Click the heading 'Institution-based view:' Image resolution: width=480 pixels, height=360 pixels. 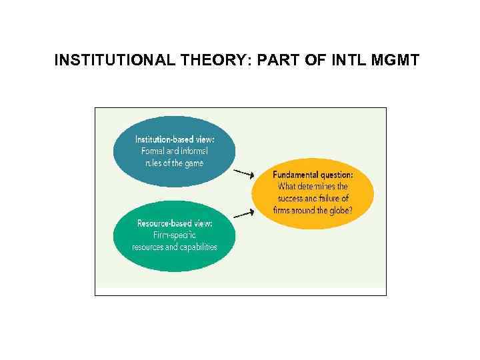click(175, 139)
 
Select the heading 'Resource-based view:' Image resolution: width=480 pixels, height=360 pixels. click(175, 223)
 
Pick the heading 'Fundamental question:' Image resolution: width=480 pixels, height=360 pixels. click(313, 175)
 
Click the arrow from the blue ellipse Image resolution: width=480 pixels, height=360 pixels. click(244, 173)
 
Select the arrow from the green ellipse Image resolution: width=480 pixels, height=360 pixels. click(244, 214)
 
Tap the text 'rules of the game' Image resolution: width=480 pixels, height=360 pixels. click(175, 163)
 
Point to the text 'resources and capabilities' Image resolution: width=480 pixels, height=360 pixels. click(175, 247)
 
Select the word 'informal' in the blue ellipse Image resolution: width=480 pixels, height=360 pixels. click(195, 151)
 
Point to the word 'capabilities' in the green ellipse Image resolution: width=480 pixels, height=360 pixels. click(196, 247)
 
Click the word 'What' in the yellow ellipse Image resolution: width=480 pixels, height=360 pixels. click(286, 187)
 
